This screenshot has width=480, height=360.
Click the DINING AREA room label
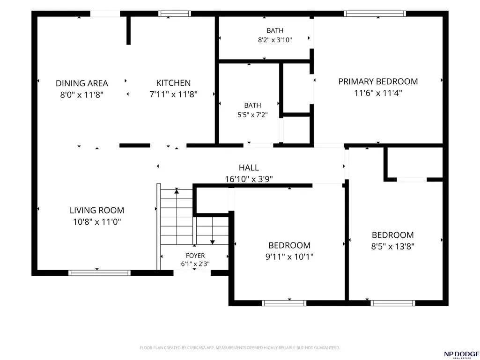point(82,83)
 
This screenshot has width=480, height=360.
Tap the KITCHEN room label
point(173,83)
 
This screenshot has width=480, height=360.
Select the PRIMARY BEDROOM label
point(378,81)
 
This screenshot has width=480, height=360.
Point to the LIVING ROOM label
point(97,210)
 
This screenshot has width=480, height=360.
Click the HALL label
point(249,168)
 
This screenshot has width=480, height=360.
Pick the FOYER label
point(195,256)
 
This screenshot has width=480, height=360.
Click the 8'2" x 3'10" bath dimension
point(275,40)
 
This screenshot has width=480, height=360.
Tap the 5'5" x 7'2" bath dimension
point(252,115)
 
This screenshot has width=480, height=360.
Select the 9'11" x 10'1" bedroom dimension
point(289,257)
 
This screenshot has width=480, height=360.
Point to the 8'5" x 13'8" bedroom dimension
point(393,246)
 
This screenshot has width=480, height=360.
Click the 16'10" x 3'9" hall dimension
point(249,179)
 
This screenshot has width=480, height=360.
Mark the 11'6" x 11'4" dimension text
point(378,93)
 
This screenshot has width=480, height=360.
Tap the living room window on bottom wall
point(99,273)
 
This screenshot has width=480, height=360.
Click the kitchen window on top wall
point(175,14)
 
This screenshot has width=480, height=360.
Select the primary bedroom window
point(375,14)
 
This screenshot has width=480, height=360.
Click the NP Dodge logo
point(462,355)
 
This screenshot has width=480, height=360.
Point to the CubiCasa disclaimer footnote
point(240,348)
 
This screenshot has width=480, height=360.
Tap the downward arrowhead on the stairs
point(213,242)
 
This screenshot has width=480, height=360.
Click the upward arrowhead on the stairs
point(177,191)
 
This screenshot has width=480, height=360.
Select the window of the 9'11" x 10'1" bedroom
point(284,303)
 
